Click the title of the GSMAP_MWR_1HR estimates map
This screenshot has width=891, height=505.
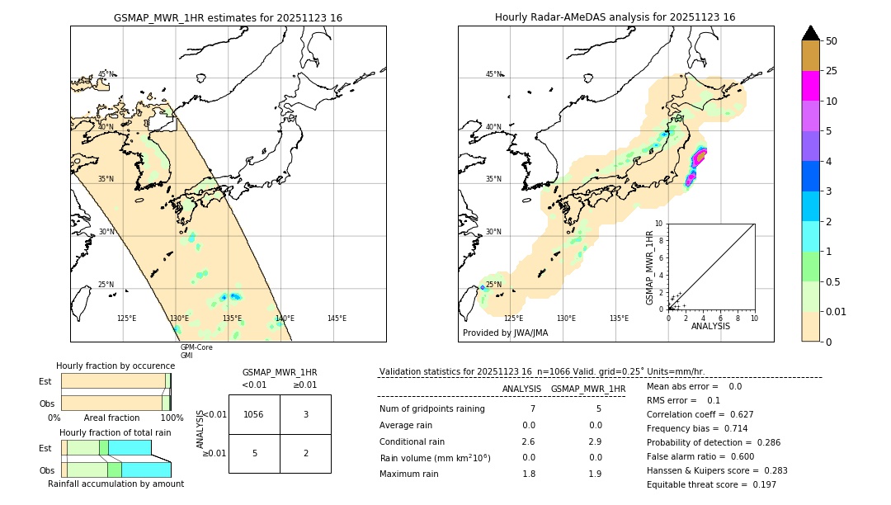pos(228,17)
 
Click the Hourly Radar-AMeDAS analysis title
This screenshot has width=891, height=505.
pos(615,17)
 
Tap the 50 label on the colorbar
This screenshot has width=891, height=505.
pos(832,41)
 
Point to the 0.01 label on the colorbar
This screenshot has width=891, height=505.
pos(837,311)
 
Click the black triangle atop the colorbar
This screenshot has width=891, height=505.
pos(811,33)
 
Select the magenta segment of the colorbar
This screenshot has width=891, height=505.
pos(811,86)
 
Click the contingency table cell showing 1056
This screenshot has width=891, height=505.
pos(254,414)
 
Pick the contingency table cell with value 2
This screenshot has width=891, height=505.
pos(305,453)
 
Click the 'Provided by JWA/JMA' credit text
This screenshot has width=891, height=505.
pos(505,333)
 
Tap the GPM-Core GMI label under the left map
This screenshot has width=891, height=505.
pos(196,351)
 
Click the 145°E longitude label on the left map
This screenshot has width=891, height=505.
pos(337,319)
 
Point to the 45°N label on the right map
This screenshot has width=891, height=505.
pos(493,74)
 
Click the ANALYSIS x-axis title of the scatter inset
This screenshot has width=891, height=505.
pos(710,327)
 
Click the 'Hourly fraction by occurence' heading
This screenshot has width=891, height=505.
pos(115,366)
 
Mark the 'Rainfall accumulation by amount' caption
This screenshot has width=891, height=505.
pos(115,484)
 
